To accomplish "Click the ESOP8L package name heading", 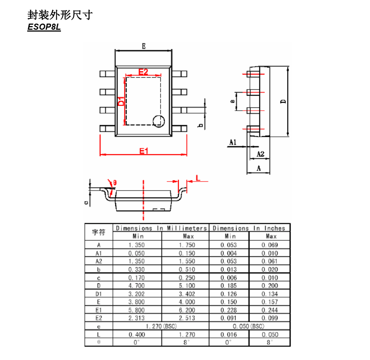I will (44, 28).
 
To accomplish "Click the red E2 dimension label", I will (143, 72).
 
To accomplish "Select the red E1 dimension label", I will (144, 151).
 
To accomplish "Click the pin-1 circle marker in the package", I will (159, 121).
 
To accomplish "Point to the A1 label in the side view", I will (233, 142).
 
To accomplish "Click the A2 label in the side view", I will (260, 154).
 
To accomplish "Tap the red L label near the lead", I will (198, 177).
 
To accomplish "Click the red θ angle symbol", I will (115, 183).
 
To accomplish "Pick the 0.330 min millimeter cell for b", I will (136, 269).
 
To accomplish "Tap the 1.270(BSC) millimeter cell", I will (161, 326).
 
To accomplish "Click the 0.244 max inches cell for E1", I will (270, 310).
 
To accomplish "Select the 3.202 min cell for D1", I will (136, 294).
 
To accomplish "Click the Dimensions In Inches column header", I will (249, 228).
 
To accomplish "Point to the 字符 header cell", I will (98, 232).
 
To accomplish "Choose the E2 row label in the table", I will (98, 318).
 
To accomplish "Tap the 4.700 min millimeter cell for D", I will (136, 286).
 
